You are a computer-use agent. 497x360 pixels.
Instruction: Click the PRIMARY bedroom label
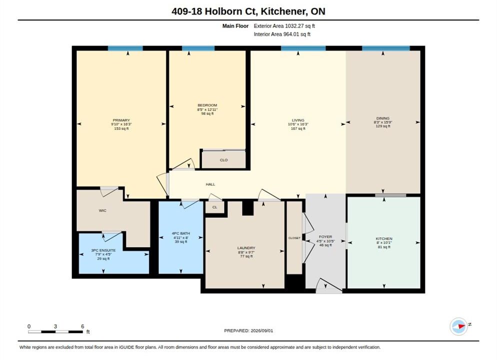(121, 120)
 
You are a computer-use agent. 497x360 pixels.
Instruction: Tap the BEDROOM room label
(207, 105)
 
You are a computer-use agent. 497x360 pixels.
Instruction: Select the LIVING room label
(298, 120)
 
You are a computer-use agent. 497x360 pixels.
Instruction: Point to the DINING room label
(383, 118)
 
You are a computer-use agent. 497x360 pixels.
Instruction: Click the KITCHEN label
(384, 238)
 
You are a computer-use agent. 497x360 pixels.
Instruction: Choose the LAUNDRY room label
(246, 248)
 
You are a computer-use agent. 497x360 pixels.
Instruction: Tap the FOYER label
(325, 236)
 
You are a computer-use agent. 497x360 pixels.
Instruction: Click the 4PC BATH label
(180, 233)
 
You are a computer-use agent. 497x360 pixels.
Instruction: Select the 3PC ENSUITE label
(103, 250)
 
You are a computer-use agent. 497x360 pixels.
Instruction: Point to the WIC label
(102, 210)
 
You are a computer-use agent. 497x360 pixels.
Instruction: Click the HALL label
(210, 184)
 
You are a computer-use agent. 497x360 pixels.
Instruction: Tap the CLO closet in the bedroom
(224, 160)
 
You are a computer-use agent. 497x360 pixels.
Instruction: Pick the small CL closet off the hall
(215, 207)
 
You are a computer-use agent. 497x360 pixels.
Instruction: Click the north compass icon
(459, 326)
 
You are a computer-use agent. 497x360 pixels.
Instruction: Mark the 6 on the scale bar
(82, 326)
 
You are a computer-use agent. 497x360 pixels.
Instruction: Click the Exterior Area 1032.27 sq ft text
(284, 26)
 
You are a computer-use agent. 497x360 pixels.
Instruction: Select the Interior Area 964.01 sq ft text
(282, 34)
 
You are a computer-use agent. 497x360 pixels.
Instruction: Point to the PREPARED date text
(248, 330)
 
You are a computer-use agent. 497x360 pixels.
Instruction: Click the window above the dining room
(385, 48)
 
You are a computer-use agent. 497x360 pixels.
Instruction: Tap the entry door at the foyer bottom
(329, 286)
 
